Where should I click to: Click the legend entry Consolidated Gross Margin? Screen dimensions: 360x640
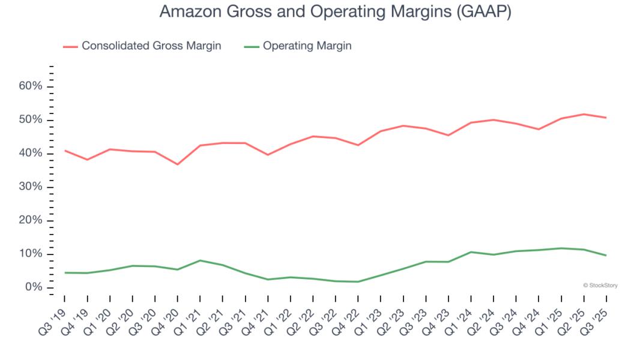coord(151,46)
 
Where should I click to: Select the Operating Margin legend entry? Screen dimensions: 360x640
coord(307,46)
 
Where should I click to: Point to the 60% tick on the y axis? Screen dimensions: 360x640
coord(31,86)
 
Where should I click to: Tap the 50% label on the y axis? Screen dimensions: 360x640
coord(31,120)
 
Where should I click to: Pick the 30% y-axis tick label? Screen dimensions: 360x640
coord(31,187)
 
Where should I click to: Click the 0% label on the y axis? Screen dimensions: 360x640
coord(34,287)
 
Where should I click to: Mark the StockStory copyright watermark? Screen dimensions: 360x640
coord(600,286)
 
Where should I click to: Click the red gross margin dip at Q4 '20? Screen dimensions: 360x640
coord(178,164)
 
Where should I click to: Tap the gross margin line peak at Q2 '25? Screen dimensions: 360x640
coord(584,114)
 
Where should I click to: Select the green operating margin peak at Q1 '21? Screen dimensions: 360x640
coord(200,260)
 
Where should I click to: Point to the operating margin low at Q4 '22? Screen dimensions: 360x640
coord(358,281)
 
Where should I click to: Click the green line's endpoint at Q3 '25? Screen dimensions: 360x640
coord(606,255)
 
